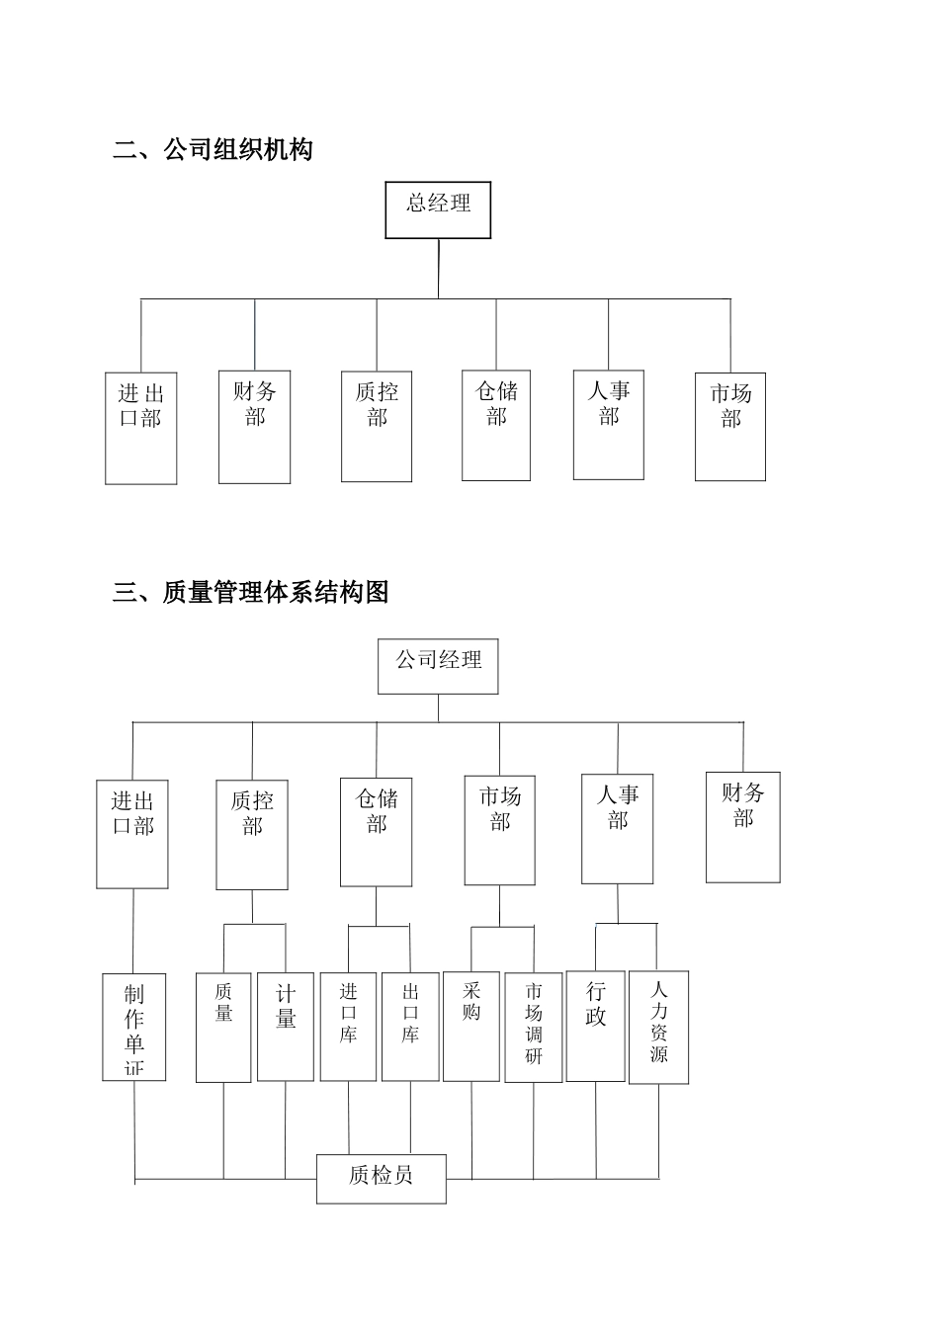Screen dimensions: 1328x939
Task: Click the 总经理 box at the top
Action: (438, 209)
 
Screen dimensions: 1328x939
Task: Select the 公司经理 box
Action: (438, 666)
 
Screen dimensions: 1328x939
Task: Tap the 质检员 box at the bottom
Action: (381, 1178)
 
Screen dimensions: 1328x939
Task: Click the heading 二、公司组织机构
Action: (213, 150)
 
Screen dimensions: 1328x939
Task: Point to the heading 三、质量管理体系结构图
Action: (251, 592)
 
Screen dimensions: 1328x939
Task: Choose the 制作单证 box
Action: (134, 1027)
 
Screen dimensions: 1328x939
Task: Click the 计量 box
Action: (286, 1027)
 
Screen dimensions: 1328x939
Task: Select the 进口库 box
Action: (348, 1027)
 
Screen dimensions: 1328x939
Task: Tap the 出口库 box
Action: (410, 1027)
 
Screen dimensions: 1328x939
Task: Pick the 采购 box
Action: (471, 1027)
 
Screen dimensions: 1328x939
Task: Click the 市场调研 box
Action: (534, 1027)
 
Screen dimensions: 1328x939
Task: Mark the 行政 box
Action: (595, 1027)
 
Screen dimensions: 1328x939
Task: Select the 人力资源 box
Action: (658, 1028)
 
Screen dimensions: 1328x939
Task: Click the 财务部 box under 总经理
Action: (254, 427)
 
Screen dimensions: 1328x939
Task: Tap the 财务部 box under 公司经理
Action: (742, 827)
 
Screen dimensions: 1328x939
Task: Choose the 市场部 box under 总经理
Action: (730, 427)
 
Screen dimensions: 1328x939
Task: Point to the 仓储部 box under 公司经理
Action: (376, 832)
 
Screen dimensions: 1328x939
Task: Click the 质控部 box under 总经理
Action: (377, 427)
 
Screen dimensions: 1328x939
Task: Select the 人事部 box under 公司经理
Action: (617, 829)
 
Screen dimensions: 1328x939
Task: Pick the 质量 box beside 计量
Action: (223, 1027)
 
